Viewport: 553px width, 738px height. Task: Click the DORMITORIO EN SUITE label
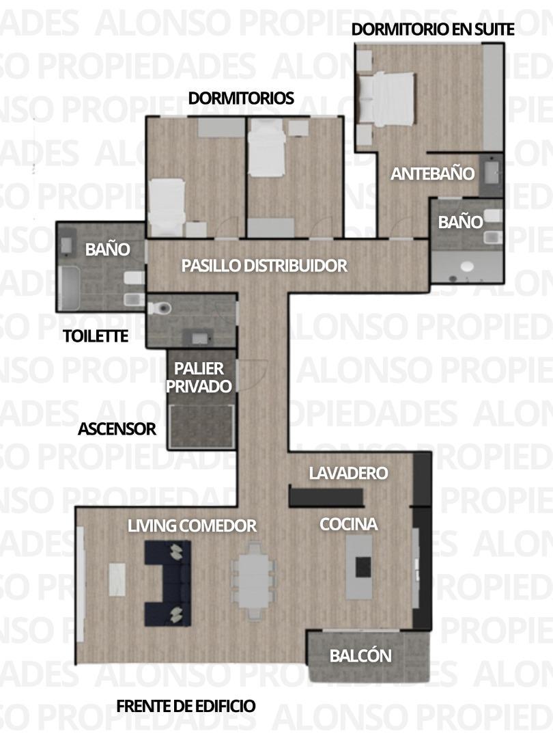433,29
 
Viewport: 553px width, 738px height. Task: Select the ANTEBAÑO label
432,174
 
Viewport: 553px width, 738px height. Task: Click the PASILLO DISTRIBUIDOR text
264,266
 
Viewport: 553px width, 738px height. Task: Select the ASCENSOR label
117,429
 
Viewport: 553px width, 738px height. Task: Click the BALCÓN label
360,656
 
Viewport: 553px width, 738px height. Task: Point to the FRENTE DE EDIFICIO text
186,706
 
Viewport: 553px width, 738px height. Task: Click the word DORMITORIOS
241,98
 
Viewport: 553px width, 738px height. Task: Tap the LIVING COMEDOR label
192,525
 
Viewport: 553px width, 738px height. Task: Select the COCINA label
348,524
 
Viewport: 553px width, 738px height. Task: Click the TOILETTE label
95,336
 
